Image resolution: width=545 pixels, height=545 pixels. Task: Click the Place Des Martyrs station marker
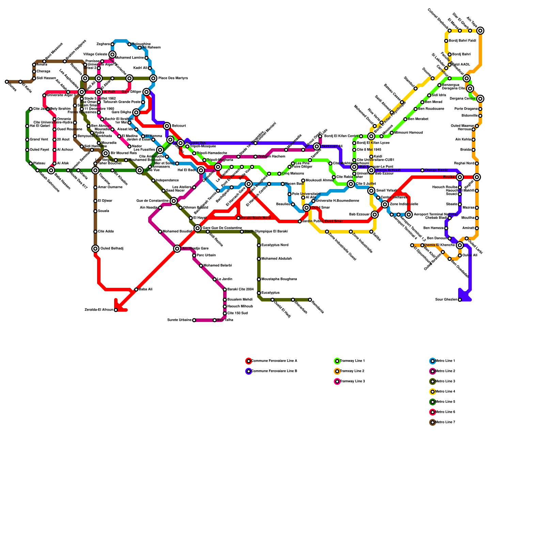click(153, 78)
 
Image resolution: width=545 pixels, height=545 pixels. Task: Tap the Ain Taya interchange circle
click(480, 31)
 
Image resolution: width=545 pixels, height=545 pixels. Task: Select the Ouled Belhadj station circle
click(95, 249)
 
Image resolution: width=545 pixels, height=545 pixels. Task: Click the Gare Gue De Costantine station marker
click(198, 228)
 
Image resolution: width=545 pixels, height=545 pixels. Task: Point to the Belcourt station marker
click(167, 126)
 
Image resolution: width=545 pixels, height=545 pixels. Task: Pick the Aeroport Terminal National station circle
click(409, 215)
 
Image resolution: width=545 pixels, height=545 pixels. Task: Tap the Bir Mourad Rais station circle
click(106, 153)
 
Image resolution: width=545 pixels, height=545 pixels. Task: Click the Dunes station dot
click(7, 82)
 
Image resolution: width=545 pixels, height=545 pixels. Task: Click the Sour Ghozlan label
click(446, 300)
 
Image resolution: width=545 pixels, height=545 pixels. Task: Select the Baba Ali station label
click(145, 290)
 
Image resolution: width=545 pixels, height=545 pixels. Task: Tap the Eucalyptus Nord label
click(275, 245)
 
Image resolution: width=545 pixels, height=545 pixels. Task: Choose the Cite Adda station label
click(106, 232)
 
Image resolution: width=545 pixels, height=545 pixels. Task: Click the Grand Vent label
click(39, 140)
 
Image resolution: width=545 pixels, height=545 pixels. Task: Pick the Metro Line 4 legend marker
click(433, 392)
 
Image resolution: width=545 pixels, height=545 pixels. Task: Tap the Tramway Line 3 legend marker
click(337, 381)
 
